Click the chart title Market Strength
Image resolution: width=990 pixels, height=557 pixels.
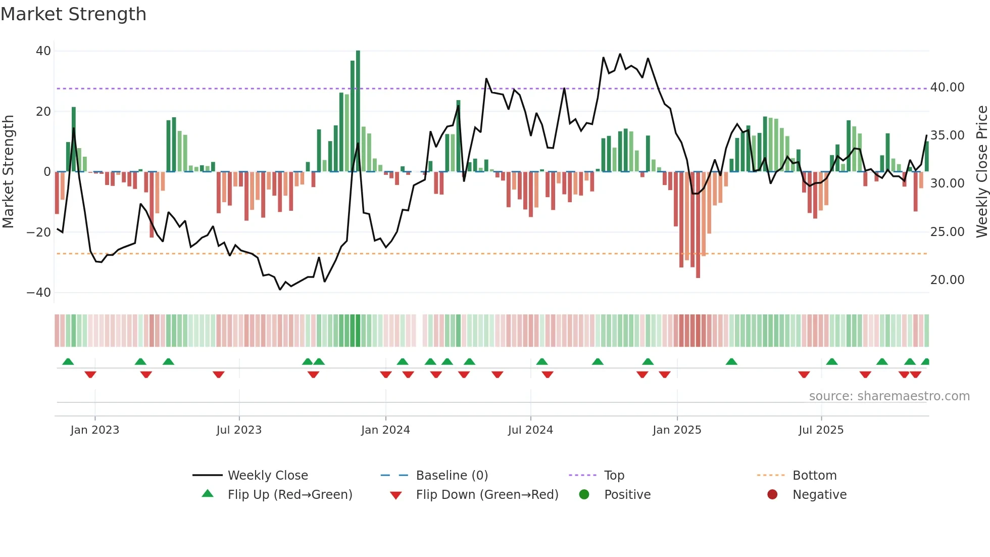point(73,14)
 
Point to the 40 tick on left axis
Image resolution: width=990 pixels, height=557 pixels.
point(43,51)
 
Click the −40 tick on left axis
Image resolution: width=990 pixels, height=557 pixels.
point(39,293)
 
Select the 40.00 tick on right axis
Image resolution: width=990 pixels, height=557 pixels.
point(947,87)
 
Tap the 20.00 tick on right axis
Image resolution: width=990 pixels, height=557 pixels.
point(947,280)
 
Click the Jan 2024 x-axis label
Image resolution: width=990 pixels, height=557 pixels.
point(385,430)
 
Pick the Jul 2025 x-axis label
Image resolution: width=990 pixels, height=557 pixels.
point(821,430)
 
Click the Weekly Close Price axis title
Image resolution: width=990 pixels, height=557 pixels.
point(981,172)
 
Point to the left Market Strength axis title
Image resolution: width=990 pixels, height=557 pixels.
point(8,172)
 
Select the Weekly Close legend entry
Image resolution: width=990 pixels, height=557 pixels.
point(267,476)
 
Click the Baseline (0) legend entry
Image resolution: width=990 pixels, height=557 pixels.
point(452,476)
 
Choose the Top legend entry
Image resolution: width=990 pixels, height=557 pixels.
point(614,476)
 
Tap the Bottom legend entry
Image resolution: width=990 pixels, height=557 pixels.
point(814,476)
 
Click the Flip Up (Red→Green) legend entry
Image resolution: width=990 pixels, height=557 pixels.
point(289,495)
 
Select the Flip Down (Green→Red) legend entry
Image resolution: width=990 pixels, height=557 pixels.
point(486,495)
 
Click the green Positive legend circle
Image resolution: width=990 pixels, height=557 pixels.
point(584,495)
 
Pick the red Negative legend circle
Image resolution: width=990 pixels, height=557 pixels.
point(772,495)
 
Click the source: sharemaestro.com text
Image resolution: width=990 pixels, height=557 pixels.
point(889,396)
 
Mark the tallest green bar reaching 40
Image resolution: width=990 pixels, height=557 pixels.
point(358,111)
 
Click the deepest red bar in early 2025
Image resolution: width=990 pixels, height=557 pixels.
point(698,225)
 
